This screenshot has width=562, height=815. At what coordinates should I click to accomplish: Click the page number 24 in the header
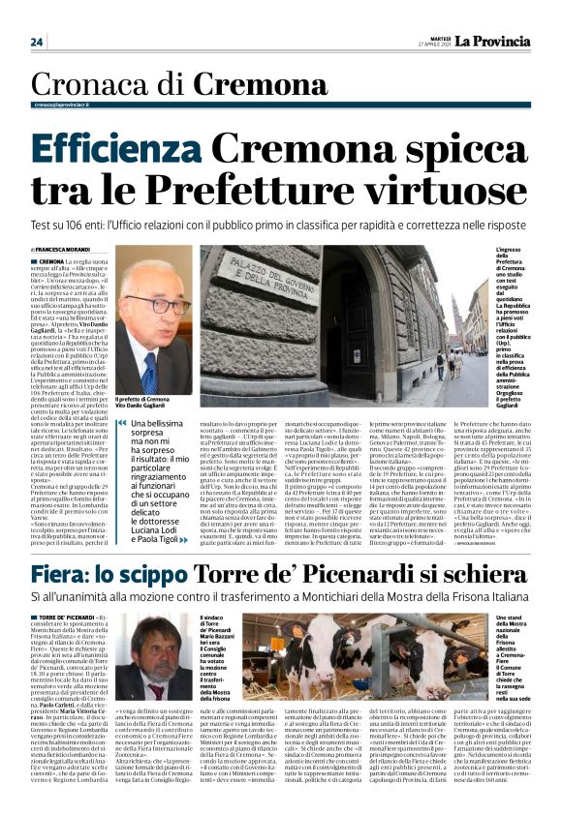37,42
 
